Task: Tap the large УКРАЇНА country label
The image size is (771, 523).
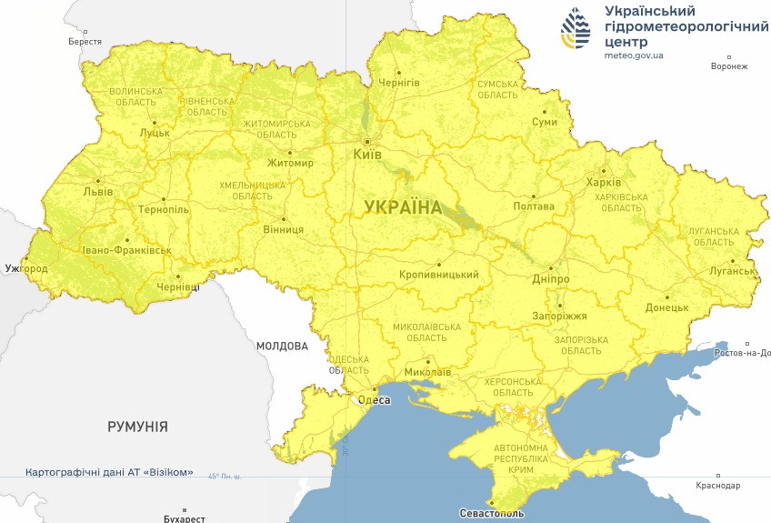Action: pos(403,207)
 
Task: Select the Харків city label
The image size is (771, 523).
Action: pos(604,182)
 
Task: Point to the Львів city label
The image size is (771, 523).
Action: pos(98,193)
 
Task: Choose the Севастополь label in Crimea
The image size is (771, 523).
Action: pos(491,514)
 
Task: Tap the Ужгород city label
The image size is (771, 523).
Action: pos(25,269)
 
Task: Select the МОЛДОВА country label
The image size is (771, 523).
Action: pos(282,346)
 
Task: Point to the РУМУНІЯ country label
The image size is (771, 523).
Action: pos(137,426)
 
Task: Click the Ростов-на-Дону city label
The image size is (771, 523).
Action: pos(742,353)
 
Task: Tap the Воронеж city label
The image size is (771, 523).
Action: pos(728,66)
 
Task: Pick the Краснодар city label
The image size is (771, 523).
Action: pos(717,486)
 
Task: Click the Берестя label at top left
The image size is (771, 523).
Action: pos(85,42)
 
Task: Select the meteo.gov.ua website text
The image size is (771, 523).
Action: pos(634,55)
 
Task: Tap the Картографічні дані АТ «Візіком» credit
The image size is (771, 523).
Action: pos(109,473)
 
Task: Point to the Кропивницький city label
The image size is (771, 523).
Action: pos(439,275)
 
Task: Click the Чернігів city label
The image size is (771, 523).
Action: pos(400,83)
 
